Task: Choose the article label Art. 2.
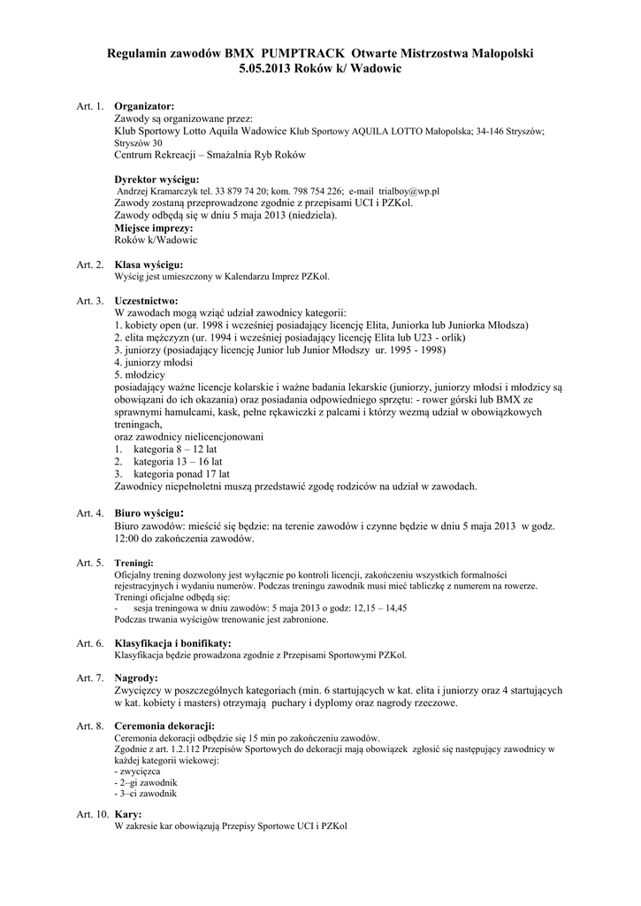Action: (x=90, y=265)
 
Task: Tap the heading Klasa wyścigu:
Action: (x=149, y=265)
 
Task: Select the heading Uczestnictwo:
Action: (x=147, y=301)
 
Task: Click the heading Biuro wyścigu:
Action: (x=149, y=512)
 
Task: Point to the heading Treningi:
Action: (x=134, y=562)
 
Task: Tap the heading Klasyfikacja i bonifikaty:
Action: (x=173, y=643)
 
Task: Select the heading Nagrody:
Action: (x=136, y=678)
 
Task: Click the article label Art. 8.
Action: (x=90, y=726)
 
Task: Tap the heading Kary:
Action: (x=128, y=813)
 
